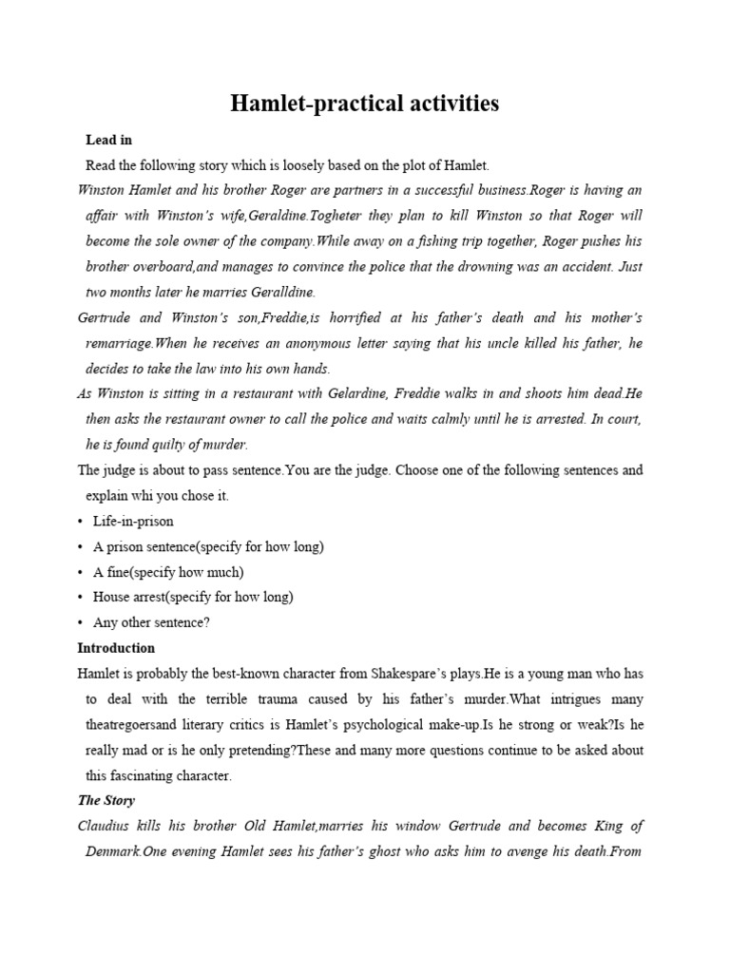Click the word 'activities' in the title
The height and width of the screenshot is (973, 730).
pos(440,104)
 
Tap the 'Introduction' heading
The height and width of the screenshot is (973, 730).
pos(115,648)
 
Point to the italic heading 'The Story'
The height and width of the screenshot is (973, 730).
pos(106,801)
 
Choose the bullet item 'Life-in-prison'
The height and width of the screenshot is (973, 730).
pos(133,521)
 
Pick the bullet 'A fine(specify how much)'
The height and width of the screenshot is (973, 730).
pos(168,572)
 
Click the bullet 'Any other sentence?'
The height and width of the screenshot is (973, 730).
pos(151,622)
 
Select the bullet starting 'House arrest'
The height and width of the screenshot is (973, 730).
pos(193,597)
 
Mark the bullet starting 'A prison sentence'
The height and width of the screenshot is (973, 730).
pos(208,546)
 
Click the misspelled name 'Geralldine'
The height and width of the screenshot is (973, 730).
pos(283,292)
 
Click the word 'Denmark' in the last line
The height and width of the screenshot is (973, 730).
pos(113,851)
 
